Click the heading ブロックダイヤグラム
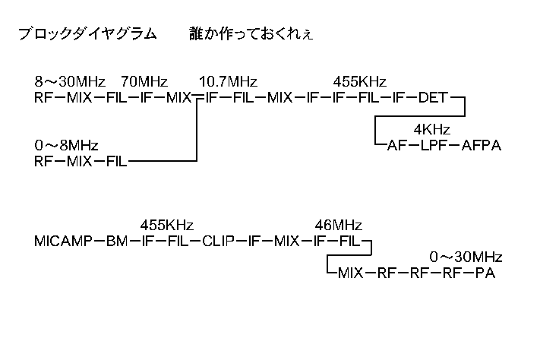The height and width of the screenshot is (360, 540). pos(87,34)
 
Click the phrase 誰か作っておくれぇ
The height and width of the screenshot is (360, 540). pos(252,34)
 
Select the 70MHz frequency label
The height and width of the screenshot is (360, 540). pos(144,81)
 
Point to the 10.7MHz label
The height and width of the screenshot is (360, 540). pos(228,81)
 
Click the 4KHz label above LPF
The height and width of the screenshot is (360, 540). pos(433,128)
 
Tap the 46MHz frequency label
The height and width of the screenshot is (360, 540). pos(338,226)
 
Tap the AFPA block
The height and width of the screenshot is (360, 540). pos(482,144)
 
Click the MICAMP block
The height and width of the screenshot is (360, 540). pos(63,242)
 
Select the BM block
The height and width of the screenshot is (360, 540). pos(117,242)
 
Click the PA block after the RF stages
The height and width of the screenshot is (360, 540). pos(485,273)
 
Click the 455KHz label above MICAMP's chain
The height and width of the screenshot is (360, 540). pos(167,226)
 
